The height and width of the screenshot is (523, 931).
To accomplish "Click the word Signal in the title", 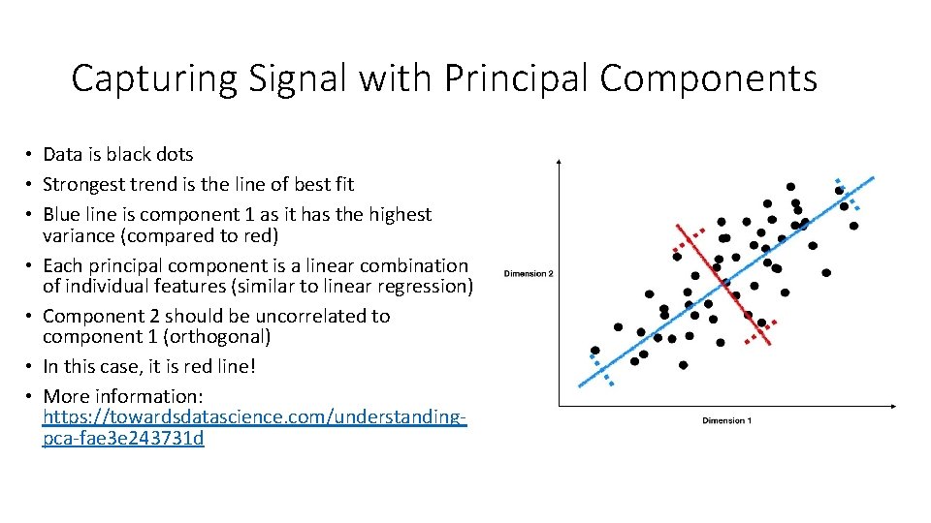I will [298, 78].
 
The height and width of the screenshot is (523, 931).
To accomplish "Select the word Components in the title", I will [708, 78].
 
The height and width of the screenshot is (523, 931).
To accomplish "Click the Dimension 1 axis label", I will [726, 420].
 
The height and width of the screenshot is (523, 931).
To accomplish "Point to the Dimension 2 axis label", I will [529, 274].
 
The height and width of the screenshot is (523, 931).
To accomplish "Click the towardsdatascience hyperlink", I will [255, 428].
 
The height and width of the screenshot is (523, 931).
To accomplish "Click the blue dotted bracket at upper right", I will [848, 193].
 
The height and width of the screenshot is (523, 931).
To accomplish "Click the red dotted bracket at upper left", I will [688, 241].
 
